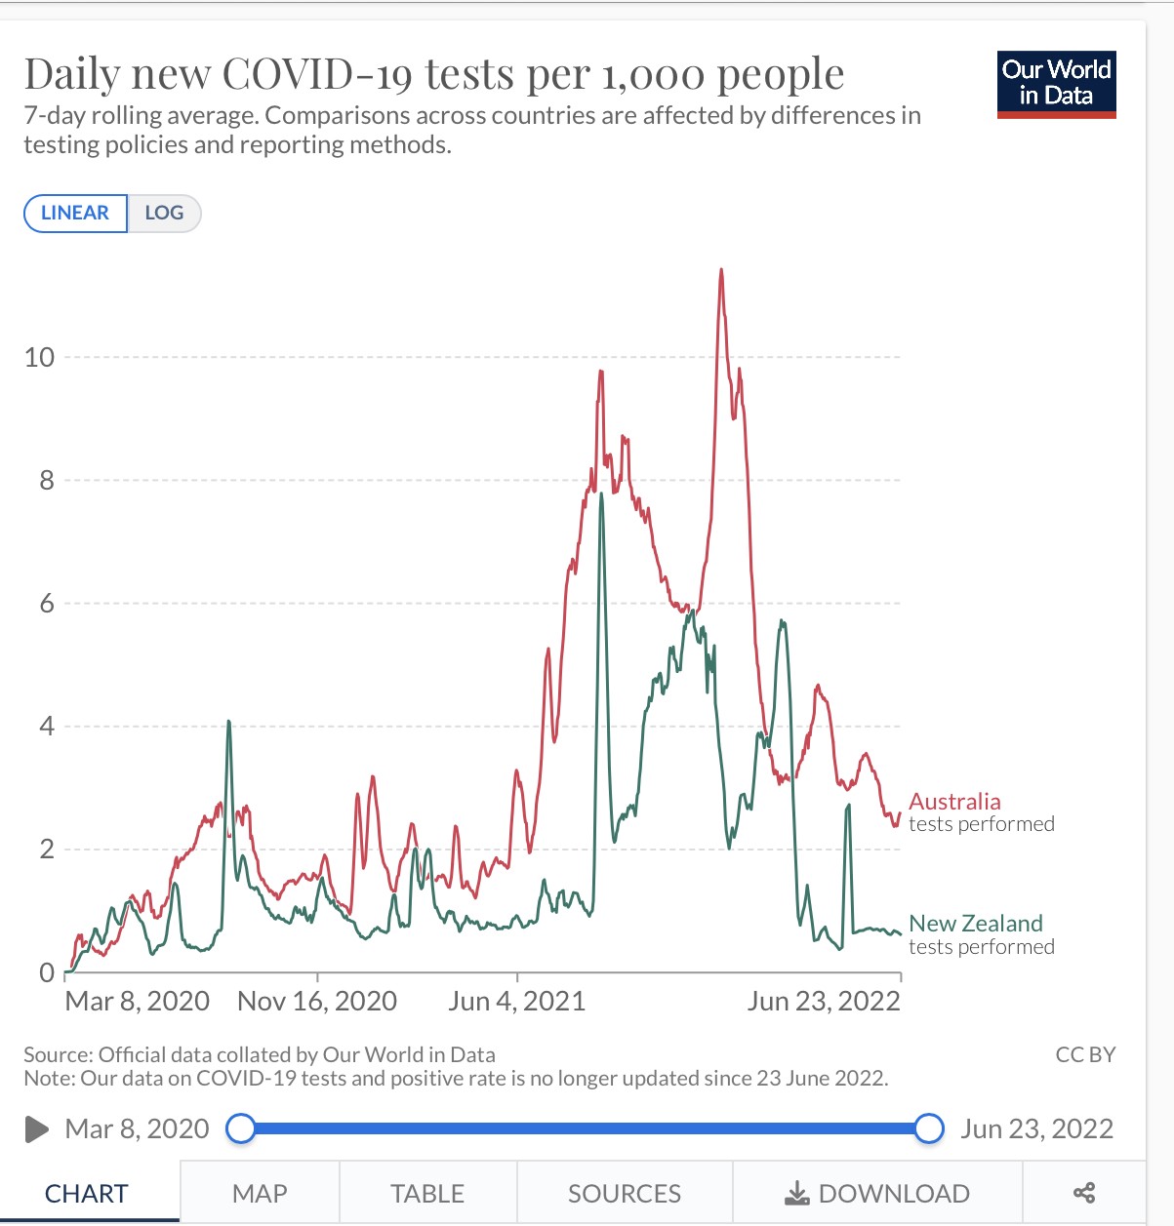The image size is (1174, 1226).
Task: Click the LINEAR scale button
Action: click(75, 214)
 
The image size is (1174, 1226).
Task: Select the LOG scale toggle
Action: click(164, 214)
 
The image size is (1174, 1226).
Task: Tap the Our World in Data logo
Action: click(1056, 85)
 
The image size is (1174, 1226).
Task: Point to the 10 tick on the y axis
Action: click(40, 358)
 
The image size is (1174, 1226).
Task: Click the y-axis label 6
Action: click(47, 604)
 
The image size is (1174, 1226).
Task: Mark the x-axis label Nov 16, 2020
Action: click(317, 1002)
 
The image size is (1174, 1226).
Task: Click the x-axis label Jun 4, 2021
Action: click(516, 1002)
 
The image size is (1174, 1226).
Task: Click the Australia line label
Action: click(954, 802)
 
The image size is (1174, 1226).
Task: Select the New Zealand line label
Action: click(976, 924)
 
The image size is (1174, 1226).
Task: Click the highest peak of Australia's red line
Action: click(721, 270)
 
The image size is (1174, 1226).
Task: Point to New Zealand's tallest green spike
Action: click(601, 494)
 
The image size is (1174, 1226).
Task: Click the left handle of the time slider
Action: click(241, 1128)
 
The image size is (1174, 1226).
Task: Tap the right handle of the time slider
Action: click(929, 1128)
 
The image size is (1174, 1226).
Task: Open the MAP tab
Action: click(260, 1193)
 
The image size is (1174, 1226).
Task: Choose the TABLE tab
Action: click(427, 1193)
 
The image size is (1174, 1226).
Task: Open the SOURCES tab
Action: click(625, 1193)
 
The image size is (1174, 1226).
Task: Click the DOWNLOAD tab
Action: click(877, 1193)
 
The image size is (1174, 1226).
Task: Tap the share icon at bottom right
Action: click(1083, 1193)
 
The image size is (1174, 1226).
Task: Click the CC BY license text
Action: click(1085, 1054)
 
